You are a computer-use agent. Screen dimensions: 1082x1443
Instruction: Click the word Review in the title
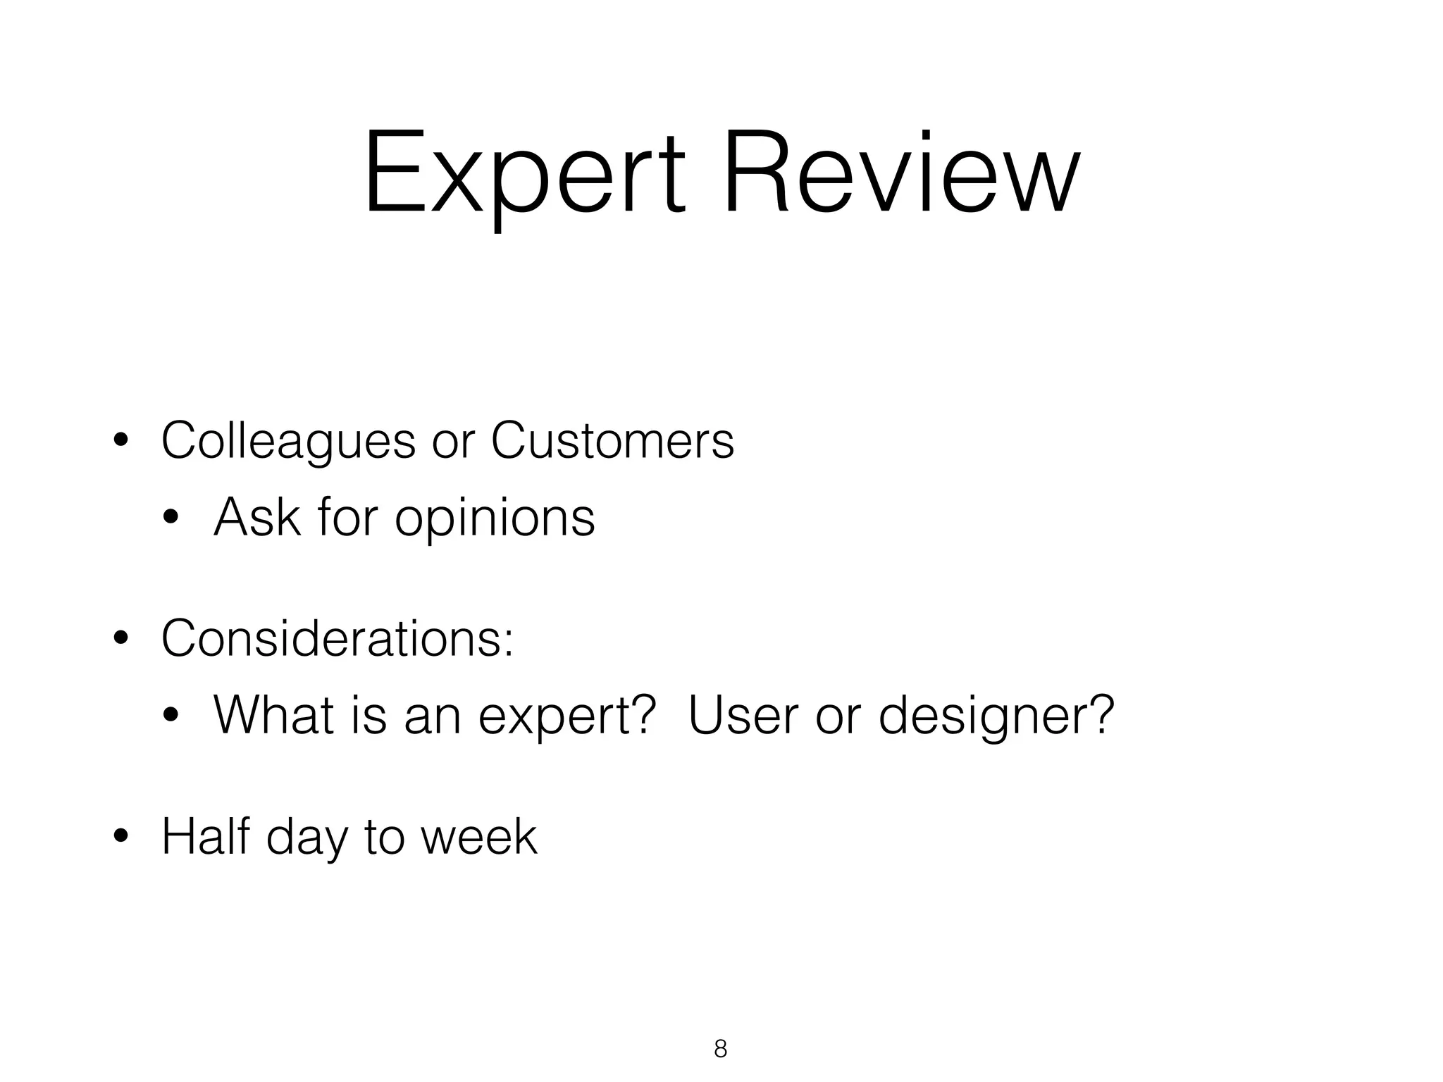click(900, 173)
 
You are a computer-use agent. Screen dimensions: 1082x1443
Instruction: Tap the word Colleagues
click(288, 442)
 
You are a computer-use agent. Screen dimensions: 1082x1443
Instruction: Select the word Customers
click(612, 442)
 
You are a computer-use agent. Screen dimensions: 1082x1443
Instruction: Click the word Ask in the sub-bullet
click(257, 518)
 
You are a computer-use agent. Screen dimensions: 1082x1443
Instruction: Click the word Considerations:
click(337, 638)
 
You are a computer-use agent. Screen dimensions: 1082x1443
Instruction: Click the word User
click(743, 715)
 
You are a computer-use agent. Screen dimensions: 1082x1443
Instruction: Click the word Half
click(206, 836)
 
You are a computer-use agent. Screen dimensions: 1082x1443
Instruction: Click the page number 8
click(720, 1049)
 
